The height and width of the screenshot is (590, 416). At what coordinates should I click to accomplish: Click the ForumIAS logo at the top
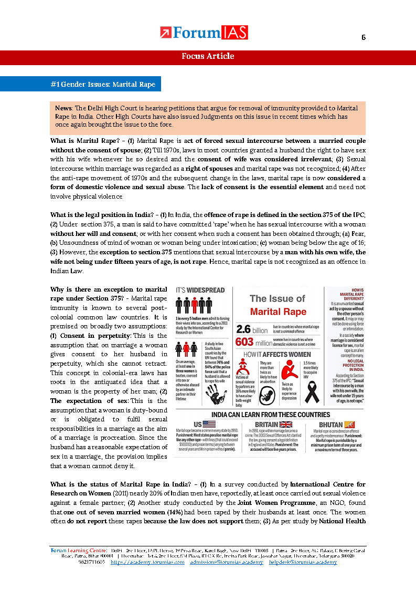(204, 33)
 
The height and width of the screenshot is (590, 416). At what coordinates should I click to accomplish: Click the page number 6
(364, 37)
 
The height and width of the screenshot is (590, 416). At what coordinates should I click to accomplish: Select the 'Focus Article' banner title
(208, 56)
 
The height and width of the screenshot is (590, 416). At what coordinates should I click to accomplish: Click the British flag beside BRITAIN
(286, 424)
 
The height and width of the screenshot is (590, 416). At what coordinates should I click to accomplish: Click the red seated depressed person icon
(288, 370)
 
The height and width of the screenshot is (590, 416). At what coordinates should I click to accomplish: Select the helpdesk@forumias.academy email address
(302, 562)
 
